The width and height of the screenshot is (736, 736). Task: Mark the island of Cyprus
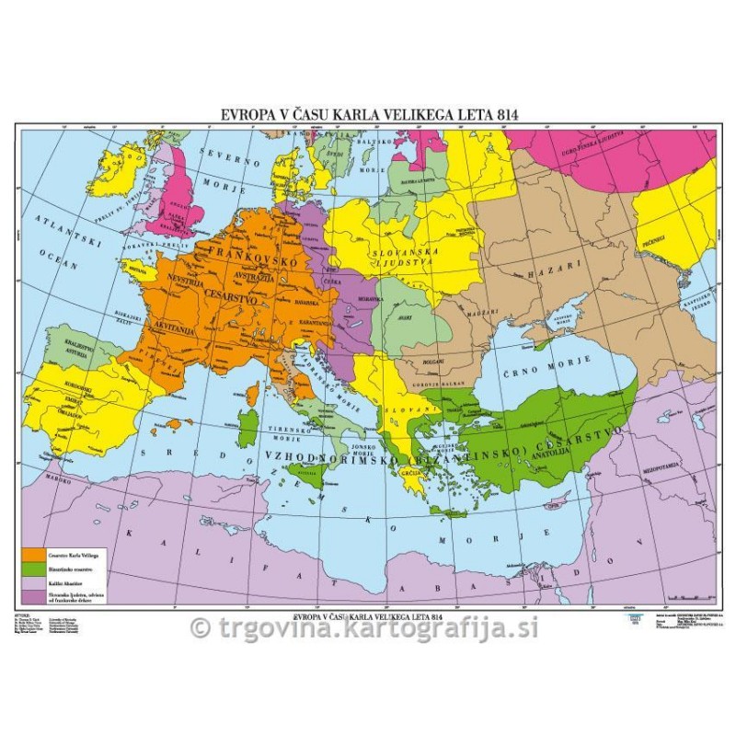click(x=556, y=504)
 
